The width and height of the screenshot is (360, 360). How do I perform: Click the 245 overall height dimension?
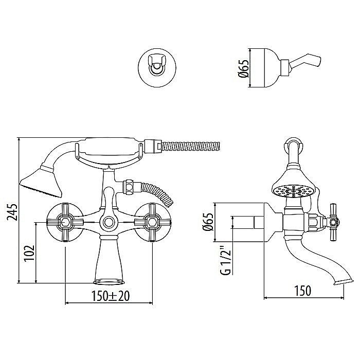pos(13,211)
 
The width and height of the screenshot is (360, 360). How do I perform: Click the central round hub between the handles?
pos(109,223)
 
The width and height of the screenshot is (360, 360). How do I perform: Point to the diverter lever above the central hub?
pos(109,198)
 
